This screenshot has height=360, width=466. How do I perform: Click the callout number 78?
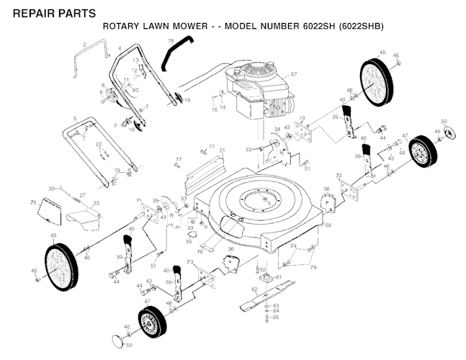(x=171, y=41)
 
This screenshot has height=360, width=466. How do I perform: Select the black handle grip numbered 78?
(x=171, y=54)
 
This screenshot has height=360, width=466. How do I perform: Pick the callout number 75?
(x=32, y=204)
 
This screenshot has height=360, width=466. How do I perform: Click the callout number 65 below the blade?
(x=275, y=317)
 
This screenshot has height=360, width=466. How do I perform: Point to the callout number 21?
(x=223, y=150)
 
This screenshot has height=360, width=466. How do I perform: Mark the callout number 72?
(x=339, y=176)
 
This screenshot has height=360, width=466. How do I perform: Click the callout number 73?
(x=189, y=264)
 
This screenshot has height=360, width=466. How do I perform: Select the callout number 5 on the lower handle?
(x=74, y=118)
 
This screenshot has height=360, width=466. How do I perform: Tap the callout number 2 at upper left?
(x=84, y=45)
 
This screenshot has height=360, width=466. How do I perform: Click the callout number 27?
(x=82, y=195)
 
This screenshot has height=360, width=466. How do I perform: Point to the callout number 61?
(x=279, y=276)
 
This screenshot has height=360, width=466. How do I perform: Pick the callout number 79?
(x=313, y=267)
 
